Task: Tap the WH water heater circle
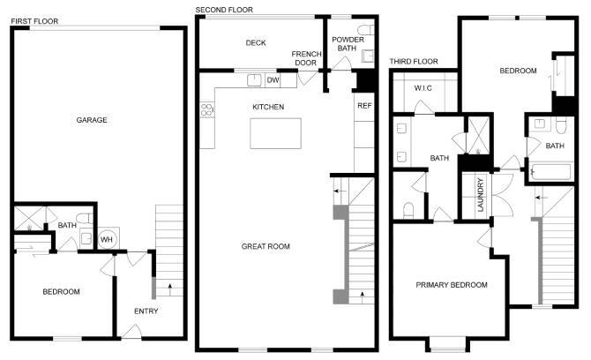coord(106,238)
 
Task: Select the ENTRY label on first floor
coord(146,311)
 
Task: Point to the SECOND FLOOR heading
coord(224,10)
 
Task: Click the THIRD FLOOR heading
coord(414,61)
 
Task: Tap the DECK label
coord(256,43)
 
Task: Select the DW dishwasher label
coord(273,80)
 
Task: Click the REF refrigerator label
coord(364,105)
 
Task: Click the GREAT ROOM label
coord(266,246)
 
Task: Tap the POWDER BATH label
coord(344,43)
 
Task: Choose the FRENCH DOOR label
coord(305,57)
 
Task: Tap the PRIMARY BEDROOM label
coord(453,285)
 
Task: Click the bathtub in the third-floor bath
coord(549,173)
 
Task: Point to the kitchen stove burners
coord(207,110)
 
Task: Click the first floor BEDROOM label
coord(61,292)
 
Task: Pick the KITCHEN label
coord(268,107)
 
